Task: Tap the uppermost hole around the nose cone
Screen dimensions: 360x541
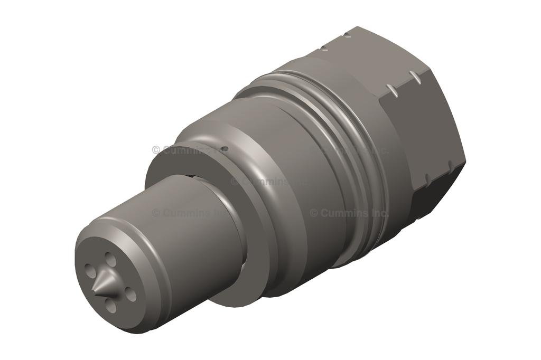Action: pos(110,259)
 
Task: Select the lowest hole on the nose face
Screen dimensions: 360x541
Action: pos(111,305)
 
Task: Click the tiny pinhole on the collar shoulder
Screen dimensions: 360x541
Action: pos(225,149)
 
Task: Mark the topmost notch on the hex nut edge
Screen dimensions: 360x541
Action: pos(346,35)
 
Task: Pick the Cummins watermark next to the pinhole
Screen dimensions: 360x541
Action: pos(182,150)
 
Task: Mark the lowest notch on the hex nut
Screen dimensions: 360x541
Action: pos(426,177)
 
